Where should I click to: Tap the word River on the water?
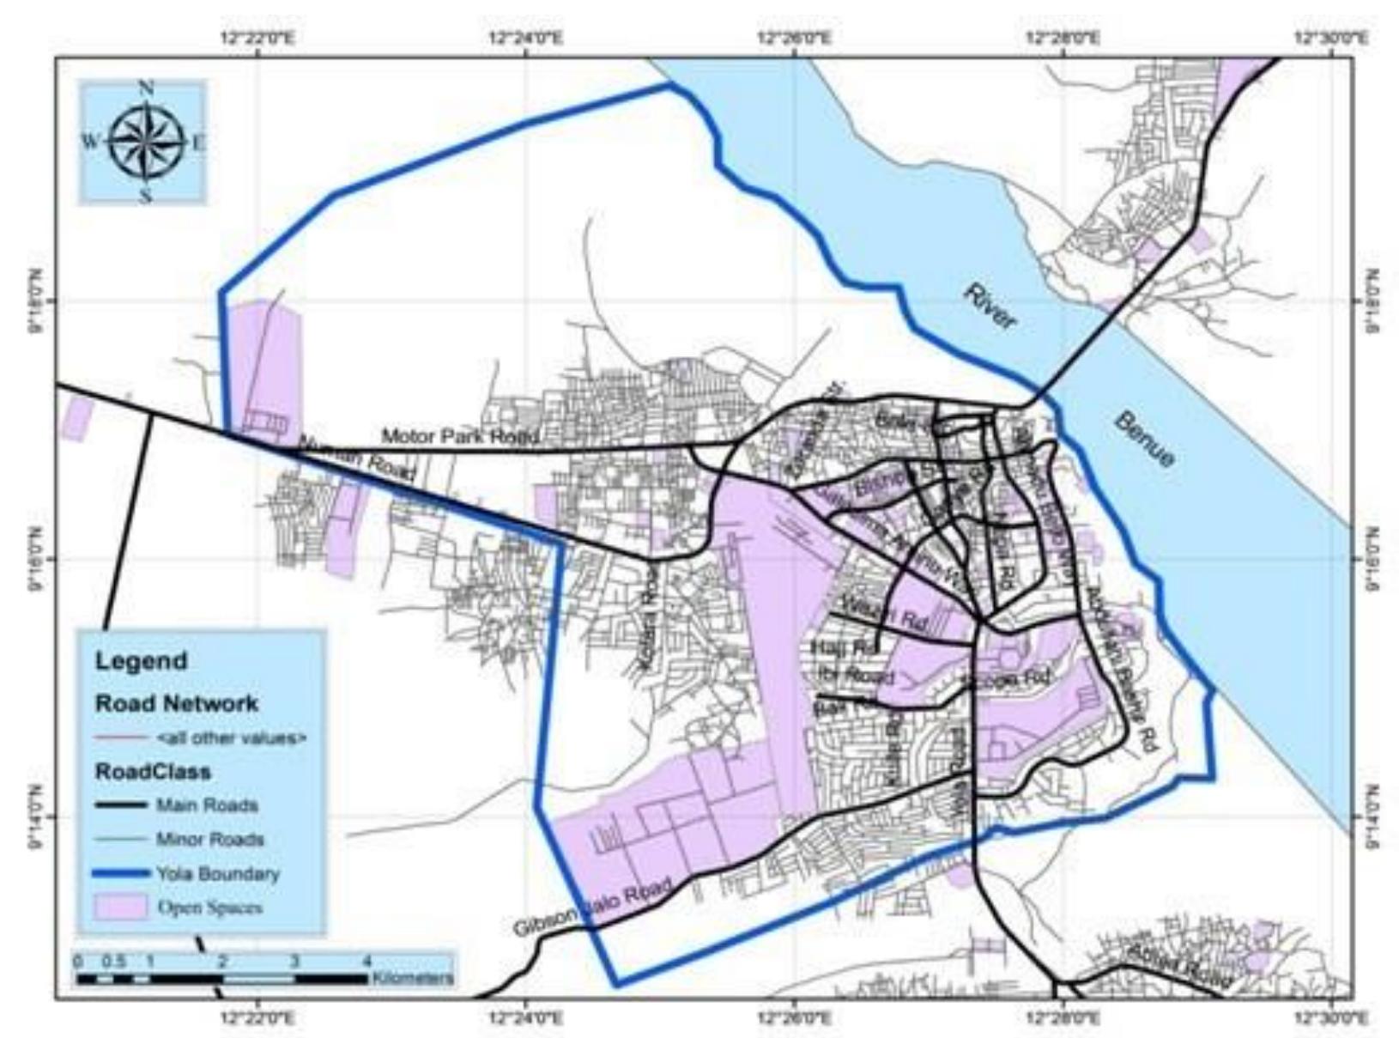pos(990,307)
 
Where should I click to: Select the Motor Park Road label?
pos(461,436)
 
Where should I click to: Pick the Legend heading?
pos(141,661)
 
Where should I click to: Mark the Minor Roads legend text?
pos(209,840)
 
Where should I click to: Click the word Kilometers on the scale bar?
pos(413,978)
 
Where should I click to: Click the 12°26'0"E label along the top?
pos(795,38)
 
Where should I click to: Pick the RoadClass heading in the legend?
pos(153,771)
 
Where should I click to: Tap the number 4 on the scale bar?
pos(366,961)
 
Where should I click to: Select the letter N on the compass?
pos(147,88)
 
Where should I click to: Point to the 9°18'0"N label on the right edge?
pos(1372,301)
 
